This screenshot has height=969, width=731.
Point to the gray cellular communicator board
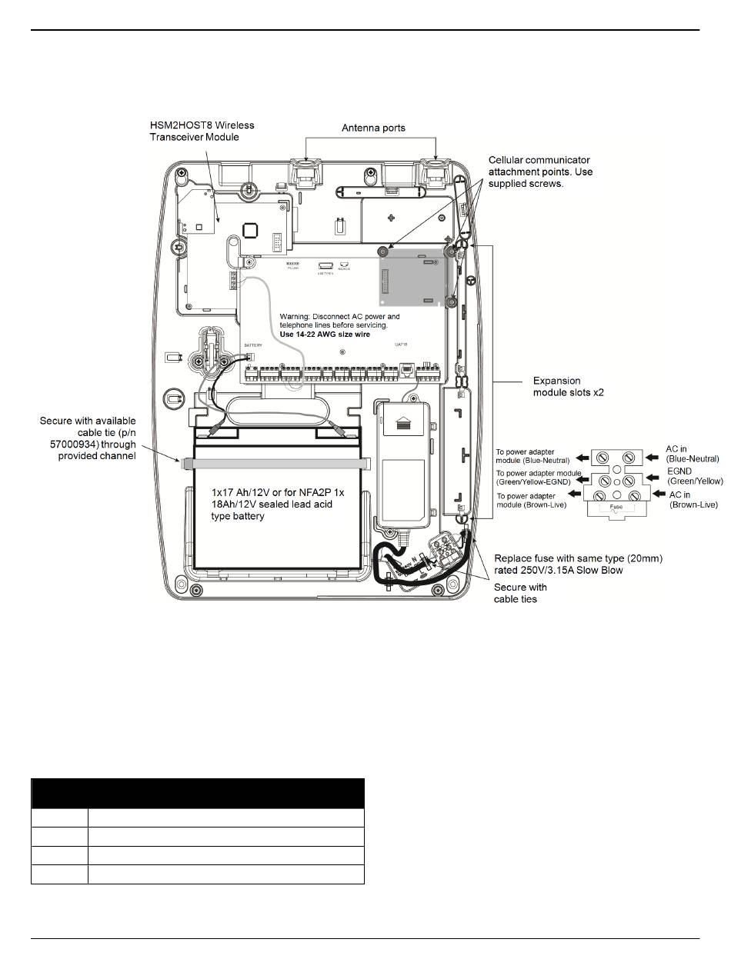coord(412,280)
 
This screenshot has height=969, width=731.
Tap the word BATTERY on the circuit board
coord(253,346)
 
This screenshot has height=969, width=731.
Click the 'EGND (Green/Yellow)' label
coord(695,476)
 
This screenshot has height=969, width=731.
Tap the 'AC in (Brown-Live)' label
coord(693,500)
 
